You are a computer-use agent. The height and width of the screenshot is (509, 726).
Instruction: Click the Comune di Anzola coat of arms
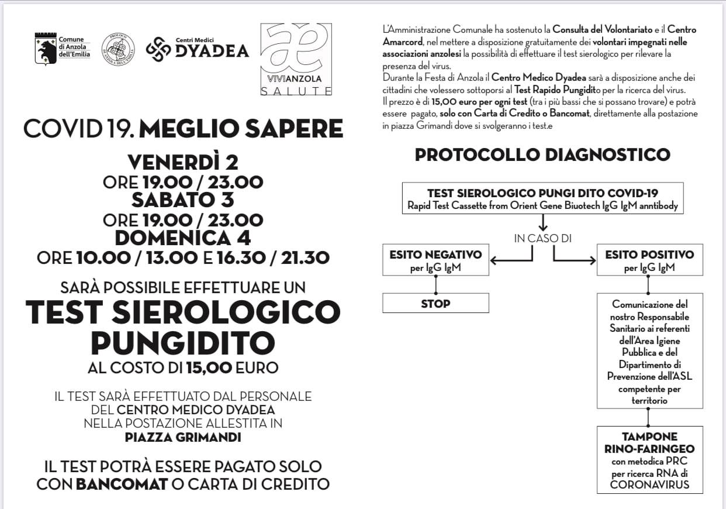46,49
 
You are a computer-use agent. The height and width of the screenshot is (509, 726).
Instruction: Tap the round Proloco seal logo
118,50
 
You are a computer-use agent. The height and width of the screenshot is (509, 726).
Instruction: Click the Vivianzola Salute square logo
296,59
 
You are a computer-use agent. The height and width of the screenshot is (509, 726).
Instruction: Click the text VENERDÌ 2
183,162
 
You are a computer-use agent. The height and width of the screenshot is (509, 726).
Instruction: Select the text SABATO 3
183,200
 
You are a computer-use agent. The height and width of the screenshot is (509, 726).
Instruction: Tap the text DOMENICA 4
183,238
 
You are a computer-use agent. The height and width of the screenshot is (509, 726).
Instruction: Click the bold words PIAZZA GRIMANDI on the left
183,436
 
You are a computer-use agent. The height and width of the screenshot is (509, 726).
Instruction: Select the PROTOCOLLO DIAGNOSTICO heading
542,155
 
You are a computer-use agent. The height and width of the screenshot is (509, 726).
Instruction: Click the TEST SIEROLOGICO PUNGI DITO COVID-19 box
542,199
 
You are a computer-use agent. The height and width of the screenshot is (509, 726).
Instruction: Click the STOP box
435,304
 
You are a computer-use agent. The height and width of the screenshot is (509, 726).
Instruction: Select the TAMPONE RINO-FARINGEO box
649,460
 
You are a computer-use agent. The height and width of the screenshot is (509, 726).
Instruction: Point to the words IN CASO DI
542,238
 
